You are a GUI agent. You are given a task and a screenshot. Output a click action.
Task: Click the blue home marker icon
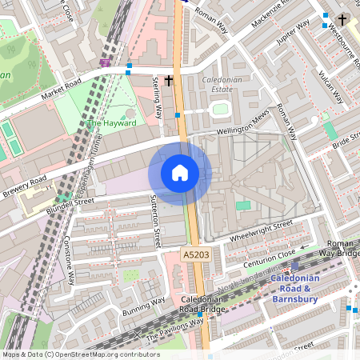click(x=180, y=172)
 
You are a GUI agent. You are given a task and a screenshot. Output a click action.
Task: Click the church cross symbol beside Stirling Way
click(x=169, y=80)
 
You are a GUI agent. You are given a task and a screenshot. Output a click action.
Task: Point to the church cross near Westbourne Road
click(x=343, y=18)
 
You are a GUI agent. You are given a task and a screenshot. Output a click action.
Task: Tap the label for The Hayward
click(x=111, y=123)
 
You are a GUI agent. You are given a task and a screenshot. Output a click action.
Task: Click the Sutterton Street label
click(x=156, y=220)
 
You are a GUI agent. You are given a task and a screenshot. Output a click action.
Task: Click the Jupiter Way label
click(x=293, y=34)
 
